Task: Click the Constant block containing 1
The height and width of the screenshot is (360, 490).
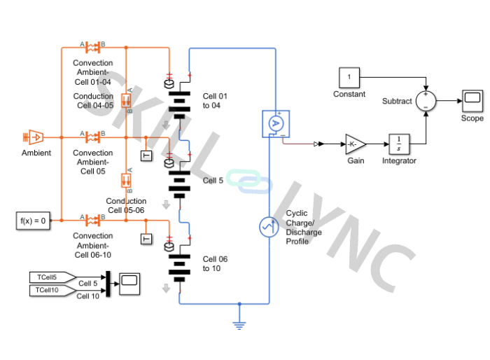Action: (349, 77)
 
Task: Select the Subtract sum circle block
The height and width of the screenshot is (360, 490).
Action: (426, 101)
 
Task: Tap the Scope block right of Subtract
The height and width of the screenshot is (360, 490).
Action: (472, 101)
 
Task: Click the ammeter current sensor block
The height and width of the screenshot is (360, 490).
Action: (275, 122)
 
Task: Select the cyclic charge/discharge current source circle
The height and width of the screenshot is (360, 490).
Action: (269, 227)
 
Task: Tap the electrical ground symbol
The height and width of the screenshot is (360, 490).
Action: (239, 324)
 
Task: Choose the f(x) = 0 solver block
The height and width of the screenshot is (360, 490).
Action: (33, 221)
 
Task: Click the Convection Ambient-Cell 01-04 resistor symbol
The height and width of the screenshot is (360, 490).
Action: (92, 48)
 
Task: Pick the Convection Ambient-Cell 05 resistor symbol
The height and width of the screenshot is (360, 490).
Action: (92, 135)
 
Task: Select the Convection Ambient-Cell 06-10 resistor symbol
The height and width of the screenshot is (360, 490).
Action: (92, 221)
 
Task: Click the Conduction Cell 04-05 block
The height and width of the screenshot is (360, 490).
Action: (127, 99)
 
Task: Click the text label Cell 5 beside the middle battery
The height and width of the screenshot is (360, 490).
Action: (213, 181)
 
